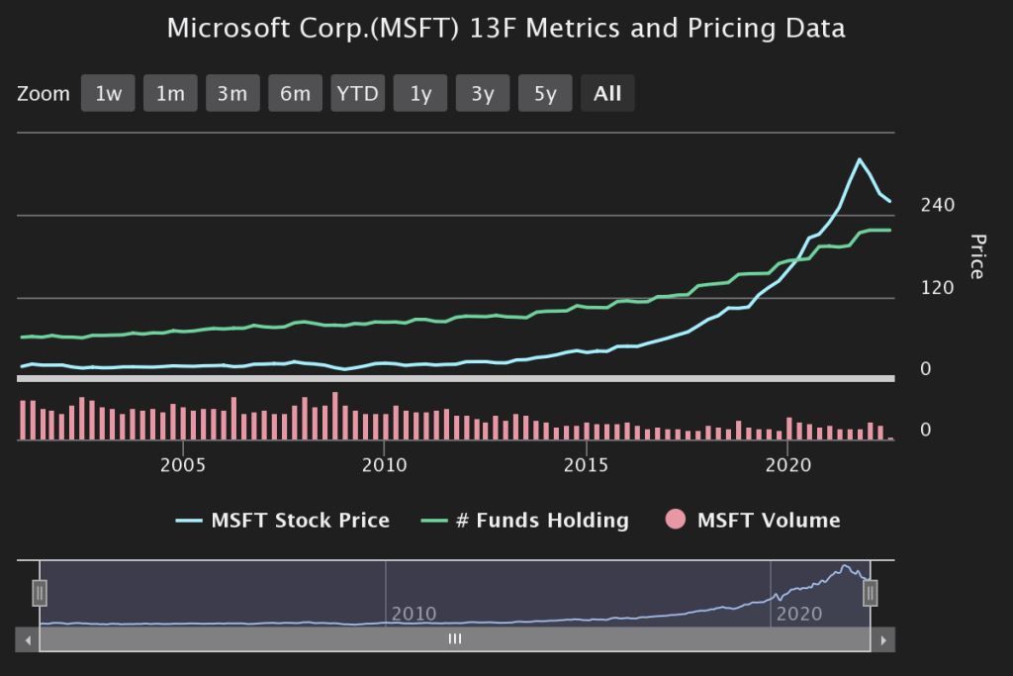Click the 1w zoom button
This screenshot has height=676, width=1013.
[108, 94]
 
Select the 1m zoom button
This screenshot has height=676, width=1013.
[170, 94]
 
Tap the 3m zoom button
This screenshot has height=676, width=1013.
[232, 94]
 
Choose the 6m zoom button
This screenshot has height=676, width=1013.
[295, 94]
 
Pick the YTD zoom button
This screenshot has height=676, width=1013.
[357, 94]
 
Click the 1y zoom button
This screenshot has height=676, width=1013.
[420, 94]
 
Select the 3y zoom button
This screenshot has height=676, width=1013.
[483, 94]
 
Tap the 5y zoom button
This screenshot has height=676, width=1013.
[545, 94]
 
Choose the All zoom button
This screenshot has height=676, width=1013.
[607, 94]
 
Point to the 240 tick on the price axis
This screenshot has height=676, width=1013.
[937, 205]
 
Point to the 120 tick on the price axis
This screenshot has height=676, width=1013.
[937, 288]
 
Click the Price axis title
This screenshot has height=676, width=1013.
[977, 256]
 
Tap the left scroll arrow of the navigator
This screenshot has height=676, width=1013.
[28, 640]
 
